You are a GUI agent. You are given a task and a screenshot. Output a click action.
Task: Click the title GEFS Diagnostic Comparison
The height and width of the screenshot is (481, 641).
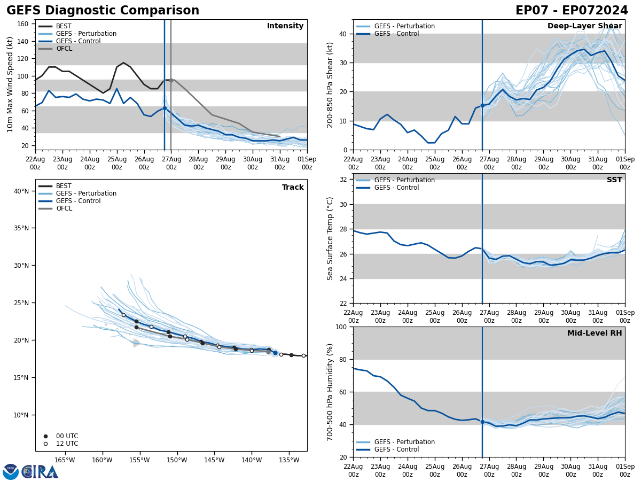tap(103, 11)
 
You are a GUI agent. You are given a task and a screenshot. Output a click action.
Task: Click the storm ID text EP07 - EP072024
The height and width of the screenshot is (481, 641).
tap(572, 11)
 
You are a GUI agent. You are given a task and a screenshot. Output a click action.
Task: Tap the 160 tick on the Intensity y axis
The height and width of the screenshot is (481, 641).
tap(24, 24)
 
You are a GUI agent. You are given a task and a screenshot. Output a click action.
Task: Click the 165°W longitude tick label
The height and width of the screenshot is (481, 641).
tap(64, 460)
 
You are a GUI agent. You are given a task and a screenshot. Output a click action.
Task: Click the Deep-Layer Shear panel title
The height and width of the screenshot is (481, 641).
tap(584, 26)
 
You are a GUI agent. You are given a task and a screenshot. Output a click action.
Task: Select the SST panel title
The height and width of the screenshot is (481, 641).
tap(614, 180)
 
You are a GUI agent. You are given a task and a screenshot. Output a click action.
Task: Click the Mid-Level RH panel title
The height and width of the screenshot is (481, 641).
tap(595, 333)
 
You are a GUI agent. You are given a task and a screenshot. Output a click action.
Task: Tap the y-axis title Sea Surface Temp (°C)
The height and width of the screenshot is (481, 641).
tap(330, 238)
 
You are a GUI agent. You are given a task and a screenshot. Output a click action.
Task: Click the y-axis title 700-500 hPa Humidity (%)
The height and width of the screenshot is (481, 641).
tap(330, 392)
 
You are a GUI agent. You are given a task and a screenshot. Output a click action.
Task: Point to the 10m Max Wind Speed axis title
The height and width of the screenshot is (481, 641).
tap(10, 84)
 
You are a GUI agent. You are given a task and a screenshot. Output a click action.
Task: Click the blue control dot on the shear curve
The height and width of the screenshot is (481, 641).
tap(482, 105)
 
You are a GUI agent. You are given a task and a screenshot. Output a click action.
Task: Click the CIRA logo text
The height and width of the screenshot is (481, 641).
tap(40, 471)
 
